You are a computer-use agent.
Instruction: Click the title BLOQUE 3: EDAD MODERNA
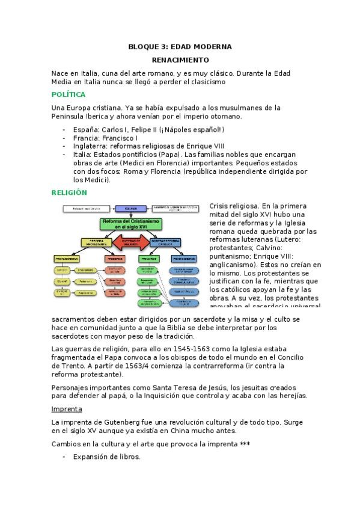point(180,46)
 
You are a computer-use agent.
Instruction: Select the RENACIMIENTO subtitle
point(180,60)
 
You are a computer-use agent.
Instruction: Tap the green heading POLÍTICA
point(69,94)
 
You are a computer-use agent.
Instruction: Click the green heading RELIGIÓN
point(69,192)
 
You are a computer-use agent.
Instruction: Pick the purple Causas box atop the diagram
point(131,208)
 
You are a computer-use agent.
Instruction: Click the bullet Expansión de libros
point(106,457)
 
